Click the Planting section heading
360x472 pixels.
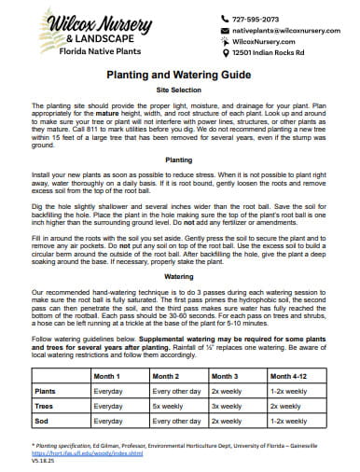tap(179, 160)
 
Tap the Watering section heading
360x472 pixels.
tap(179, 277)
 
